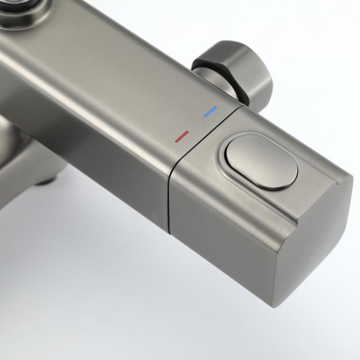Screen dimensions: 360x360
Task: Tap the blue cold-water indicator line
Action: pyautogui.click(x=210, y=111)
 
